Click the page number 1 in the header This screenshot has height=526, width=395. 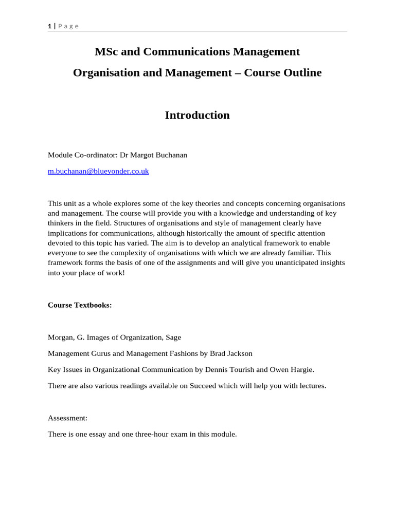[50, 26]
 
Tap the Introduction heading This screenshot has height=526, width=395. [197, 116]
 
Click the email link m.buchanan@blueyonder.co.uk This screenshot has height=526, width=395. [98, 171]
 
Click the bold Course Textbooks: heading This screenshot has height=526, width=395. [80, 305]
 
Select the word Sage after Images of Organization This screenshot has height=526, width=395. [173, 337]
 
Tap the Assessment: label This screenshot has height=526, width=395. [67, 418]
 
